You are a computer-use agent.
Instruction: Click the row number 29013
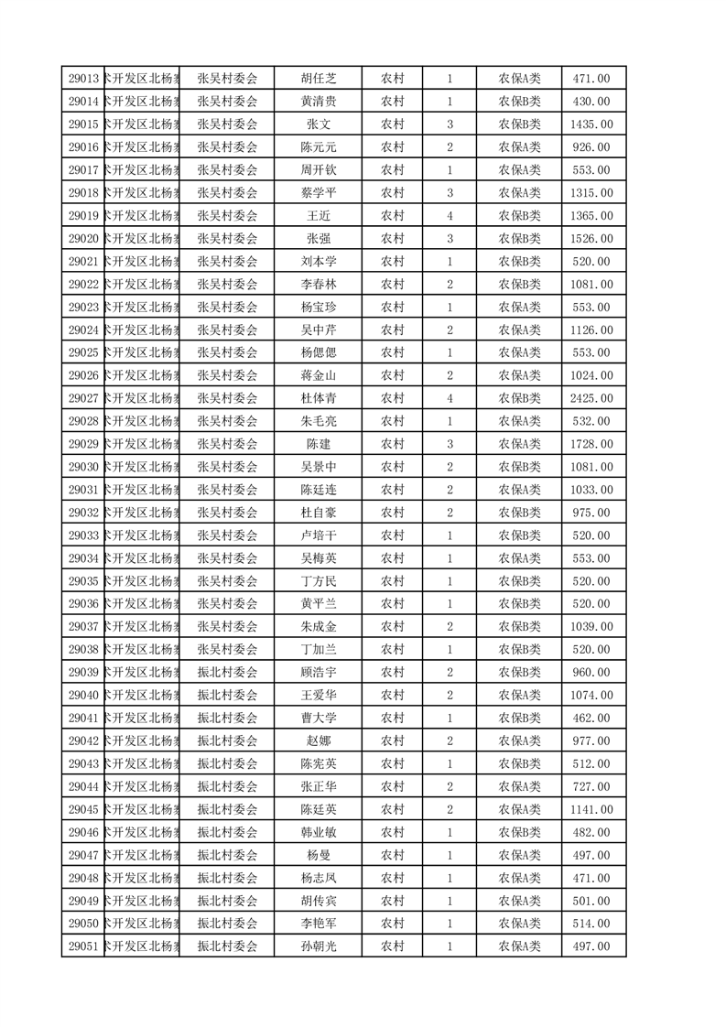coord(83,79)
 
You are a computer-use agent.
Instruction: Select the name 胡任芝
coord(319,79)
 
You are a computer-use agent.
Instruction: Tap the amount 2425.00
coord(591,398)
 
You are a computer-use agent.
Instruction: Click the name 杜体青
coord(319,398)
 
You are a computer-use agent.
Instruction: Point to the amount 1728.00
coord(591,444)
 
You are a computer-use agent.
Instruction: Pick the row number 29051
coord(83,946)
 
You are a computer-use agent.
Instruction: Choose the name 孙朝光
coord(319,946)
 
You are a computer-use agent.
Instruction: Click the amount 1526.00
coord(591,239)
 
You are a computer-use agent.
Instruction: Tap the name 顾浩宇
coord(319,673)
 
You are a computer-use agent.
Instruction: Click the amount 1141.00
coord(591,809)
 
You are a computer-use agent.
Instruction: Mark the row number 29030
coord(83,467)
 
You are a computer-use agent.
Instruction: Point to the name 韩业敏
coord(319,832)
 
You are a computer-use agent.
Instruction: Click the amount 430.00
coord(591,102)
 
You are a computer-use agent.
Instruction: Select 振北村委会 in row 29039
coord(228,673)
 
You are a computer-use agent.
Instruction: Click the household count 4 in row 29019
coord(450,216)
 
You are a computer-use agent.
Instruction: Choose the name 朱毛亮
coord(319,421)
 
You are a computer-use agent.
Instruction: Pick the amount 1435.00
coord(591,124)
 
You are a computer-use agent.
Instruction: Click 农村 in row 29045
coord(393,809)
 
